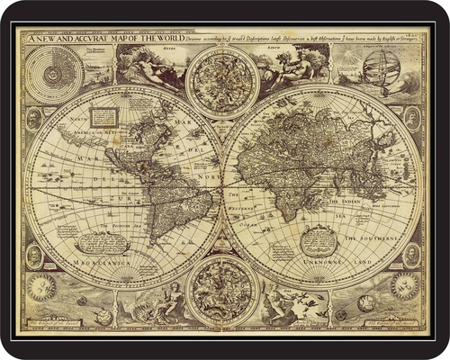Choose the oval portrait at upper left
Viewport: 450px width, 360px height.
[x=34, y=120]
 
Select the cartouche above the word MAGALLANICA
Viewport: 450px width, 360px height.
[x=102, y=242]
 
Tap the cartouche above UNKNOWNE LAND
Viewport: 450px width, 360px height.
[x=319, y=239]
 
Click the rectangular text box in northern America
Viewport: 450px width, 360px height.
[x=104, y=115]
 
